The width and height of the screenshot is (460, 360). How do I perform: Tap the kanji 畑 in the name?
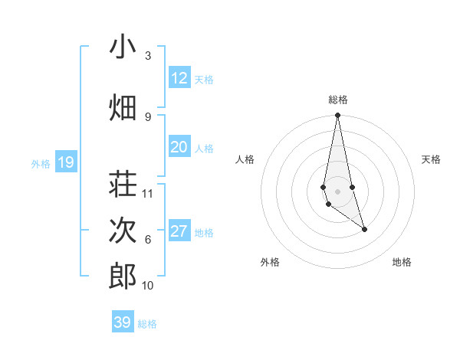point(123,108)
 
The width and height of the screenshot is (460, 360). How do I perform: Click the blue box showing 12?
point(179,78)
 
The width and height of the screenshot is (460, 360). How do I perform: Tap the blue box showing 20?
point(179,147)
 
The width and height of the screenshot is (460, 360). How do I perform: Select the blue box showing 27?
point(179,232)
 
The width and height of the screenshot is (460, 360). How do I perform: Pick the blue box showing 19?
point(66,162)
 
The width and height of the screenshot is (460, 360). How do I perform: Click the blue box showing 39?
point(123,322)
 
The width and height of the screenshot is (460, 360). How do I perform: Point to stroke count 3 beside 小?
point(147,56)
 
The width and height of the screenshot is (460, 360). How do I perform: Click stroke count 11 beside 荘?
point(148,194)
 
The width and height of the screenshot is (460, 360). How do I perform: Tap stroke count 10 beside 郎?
point(148,286)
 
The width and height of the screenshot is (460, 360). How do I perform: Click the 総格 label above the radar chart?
point(338,100)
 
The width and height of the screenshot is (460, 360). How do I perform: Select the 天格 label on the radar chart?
point(432,159)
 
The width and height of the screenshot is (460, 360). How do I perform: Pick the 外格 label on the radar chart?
point(270,262)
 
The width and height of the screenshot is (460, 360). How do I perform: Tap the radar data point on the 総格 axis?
point(337,116)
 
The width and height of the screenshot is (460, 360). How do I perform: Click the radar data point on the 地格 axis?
point(364,229)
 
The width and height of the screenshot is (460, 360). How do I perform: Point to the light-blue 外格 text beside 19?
point(41,163)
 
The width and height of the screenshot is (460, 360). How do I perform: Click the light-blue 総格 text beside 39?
point(147,324)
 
